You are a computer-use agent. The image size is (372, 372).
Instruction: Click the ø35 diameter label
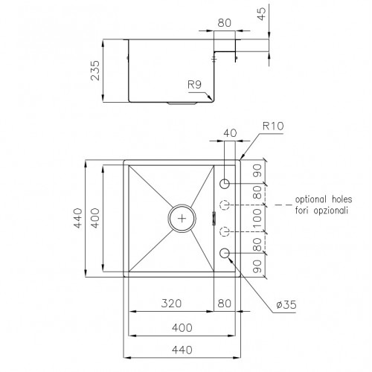(286, 305)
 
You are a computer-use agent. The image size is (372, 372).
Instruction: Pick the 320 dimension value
(172, 304)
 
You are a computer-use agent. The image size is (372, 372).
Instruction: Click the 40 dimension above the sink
(230, 133)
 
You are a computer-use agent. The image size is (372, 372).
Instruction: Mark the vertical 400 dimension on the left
(94, 217)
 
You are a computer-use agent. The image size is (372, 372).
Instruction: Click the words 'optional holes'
(321, 200)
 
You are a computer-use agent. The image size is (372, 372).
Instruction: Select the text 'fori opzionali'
(321, 211)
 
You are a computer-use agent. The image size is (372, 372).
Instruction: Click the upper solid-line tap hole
(226, 183)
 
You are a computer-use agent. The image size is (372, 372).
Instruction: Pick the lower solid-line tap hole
(226, 254)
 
